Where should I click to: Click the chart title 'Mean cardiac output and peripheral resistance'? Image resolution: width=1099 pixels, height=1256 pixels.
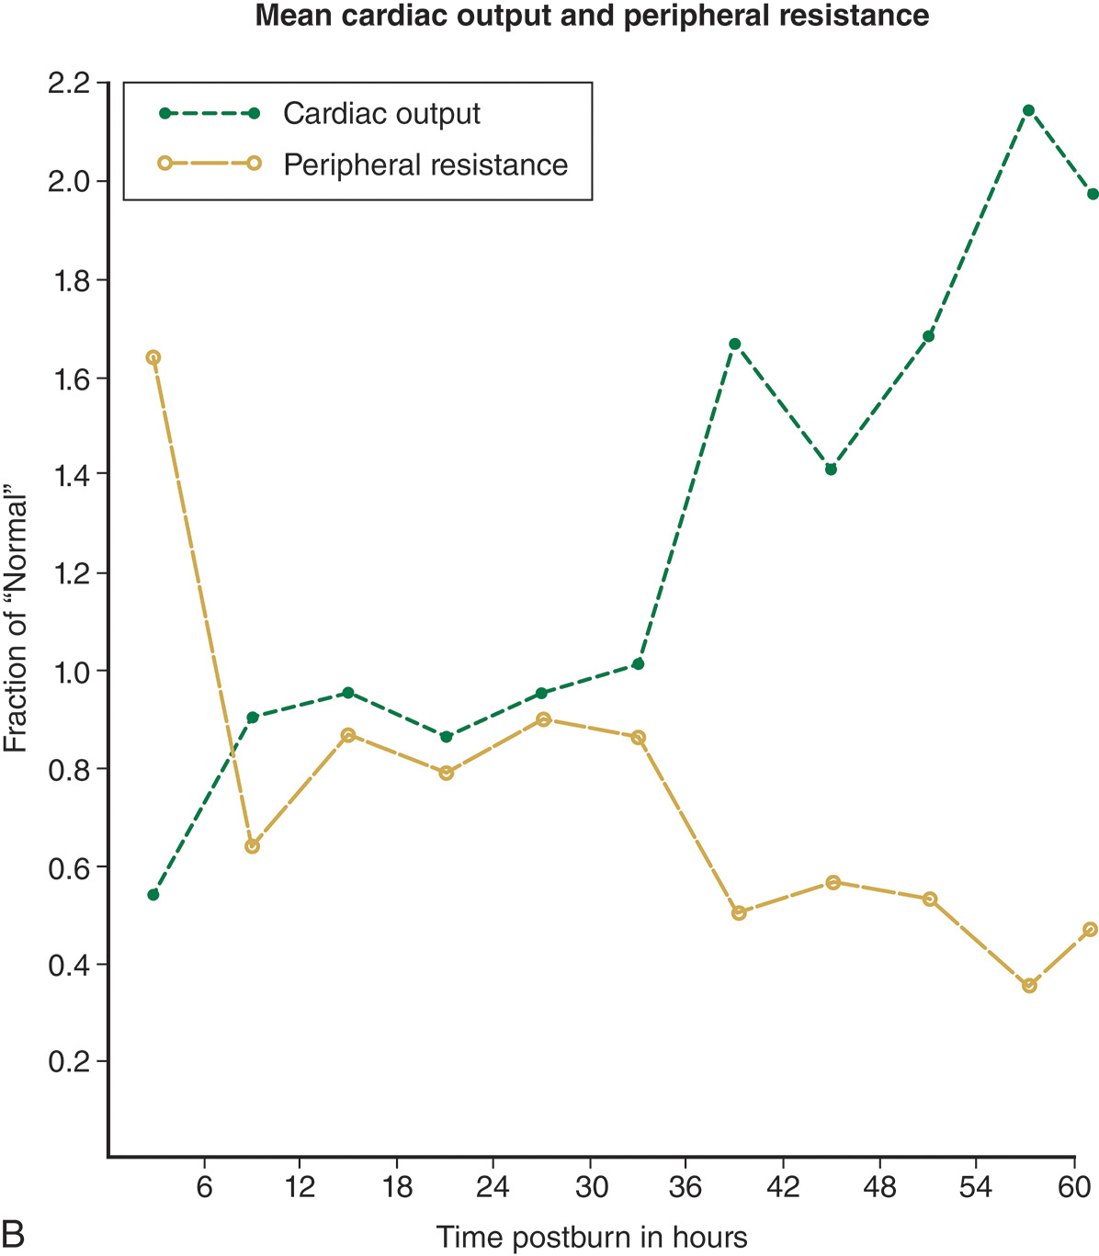click(x=592, y=17)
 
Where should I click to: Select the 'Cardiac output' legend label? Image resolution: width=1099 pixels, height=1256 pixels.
click(x=381, y=113)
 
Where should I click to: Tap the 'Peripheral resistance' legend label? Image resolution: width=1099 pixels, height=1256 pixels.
click(x=425, y=165)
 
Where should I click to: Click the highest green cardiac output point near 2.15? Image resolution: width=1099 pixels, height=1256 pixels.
click(x=1028, y=110)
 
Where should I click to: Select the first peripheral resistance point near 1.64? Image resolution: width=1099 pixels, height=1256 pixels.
click(x=153, y=357)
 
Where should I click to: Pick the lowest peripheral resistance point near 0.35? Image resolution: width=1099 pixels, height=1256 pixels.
click(x=1029, y=985)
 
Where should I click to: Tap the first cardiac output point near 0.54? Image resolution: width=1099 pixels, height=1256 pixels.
click(x=153, y=894)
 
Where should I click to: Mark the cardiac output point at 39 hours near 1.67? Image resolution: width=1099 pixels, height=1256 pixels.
click(x=734, y=344)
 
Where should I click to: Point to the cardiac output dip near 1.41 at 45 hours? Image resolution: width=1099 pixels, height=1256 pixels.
click(x=831, y=469)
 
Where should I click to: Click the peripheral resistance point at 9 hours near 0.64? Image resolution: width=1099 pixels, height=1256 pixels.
click(x=252, y=846)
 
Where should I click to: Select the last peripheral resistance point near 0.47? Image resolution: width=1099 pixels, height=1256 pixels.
click(x=1091, y=930)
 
